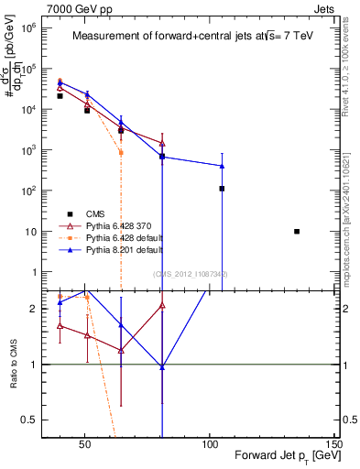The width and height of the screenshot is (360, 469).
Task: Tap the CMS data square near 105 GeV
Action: [222, 189]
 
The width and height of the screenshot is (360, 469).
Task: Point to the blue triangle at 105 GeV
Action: [222, 166]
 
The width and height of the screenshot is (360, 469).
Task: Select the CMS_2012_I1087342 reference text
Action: [191, 274]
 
